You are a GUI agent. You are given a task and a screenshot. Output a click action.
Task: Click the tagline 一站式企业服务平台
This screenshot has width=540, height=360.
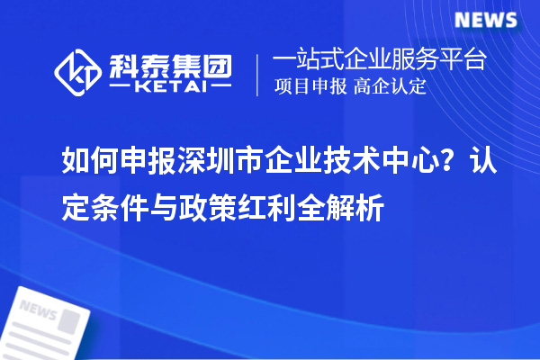[379, 61]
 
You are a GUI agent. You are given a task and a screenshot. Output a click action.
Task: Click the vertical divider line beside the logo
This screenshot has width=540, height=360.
[258, 75]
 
